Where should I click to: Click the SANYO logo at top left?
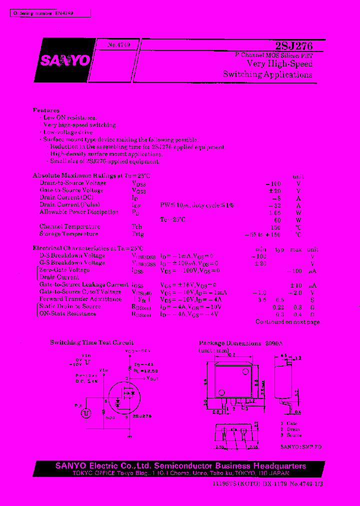tap(65, 60)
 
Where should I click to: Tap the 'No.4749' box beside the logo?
tap(118, 45)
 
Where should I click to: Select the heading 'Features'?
tap(46, 110)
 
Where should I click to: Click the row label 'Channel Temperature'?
tap(69, 226)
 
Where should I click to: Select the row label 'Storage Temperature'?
tap(69, 234)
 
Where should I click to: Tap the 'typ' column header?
tap(279, 249)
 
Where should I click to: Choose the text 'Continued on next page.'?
tap(287, 322)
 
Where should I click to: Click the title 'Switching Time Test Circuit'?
tap(91, 342)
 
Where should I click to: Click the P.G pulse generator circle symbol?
tap(86, 413)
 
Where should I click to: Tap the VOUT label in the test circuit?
tap(152, 379)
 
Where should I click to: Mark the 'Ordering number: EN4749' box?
tap(50, 13)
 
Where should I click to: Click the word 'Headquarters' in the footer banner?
tap(278, 466)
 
